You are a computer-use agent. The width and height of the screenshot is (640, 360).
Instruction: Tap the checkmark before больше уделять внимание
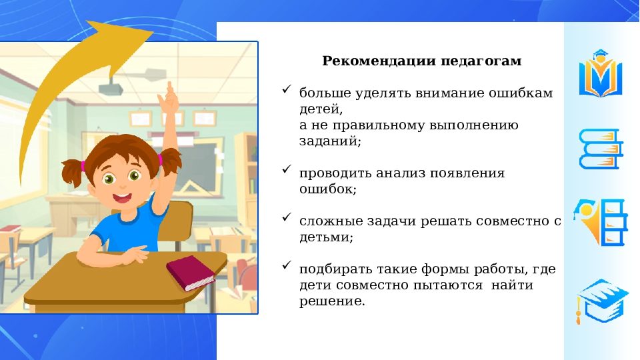pyautogui.click(x=287, y=89)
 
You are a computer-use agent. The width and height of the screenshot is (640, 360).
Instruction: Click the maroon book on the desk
pyautogui.click(x=190, y=273)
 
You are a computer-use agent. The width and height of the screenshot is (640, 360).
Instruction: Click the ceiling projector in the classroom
pyautogui.click(x=114, y=86)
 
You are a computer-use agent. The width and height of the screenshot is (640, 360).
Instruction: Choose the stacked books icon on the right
pyautogui.click(x=600, y=148)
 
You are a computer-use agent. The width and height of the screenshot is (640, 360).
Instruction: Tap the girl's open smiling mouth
pyautogui.click(x=122, y=198)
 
